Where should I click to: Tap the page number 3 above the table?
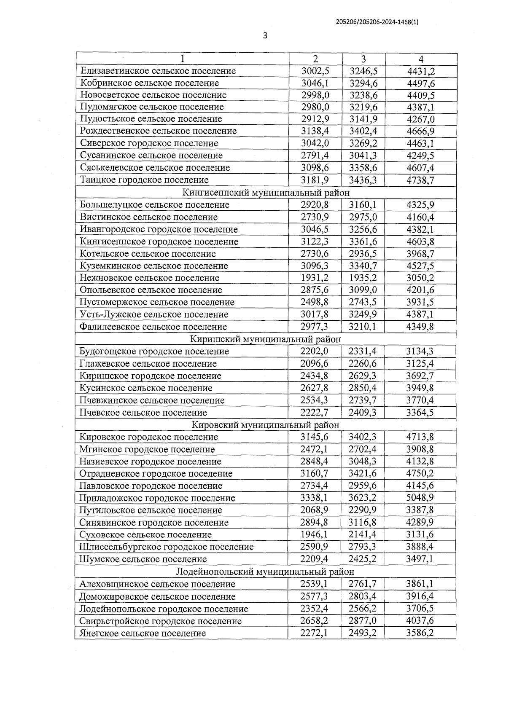click(x=265, y=36)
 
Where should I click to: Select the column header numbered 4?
click(x=421, y=59)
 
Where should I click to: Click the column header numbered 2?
click(x=315, y=59)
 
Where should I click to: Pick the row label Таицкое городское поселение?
click(x=144, y=180)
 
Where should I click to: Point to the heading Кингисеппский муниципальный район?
click(x=266, y=193)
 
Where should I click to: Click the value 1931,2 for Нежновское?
click(x=315, y=278)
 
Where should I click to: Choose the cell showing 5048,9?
click(x=420, y=498)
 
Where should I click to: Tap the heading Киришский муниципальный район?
click(x=265, y=339)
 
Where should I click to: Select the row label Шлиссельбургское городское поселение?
click(x=167, y=547)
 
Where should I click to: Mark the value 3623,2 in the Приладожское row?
click(x=363, y=498)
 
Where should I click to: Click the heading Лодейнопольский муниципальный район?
click(x=265, y=571)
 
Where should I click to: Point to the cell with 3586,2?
click(x=420, y=633)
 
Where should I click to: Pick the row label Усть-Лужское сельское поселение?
click(x=154, y=314)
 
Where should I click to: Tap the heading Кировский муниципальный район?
click(x=265, y=425)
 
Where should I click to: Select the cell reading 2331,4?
click(x=363, y=351)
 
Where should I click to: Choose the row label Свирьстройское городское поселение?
click(x=161, y=621)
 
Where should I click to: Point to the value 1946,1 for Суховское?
click(x=315, y=534)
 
